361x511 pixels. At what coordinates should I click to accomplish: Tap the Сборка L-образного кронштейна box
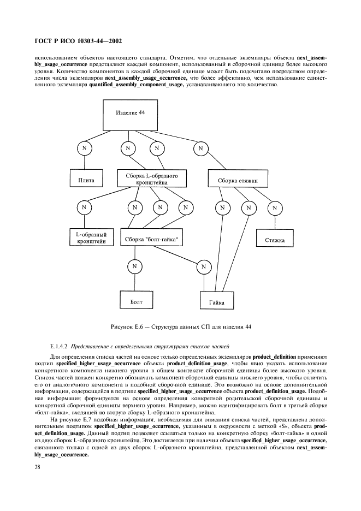[x=152, y=179]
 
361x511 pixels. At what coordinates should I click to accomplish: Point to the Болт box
[x=136, y=300]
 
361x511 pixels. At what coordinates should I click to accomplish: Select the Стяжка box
[x=275, y=239]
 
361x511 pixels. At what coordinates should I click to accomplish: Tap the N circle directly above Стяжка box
[x=275, y=207]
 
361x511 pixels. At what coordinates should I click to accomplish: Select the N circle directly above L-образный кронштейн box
[x=84, y=207]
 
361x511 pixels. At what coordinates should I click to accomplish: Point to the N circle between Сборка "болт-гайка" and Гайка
[x=203, y=266]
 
